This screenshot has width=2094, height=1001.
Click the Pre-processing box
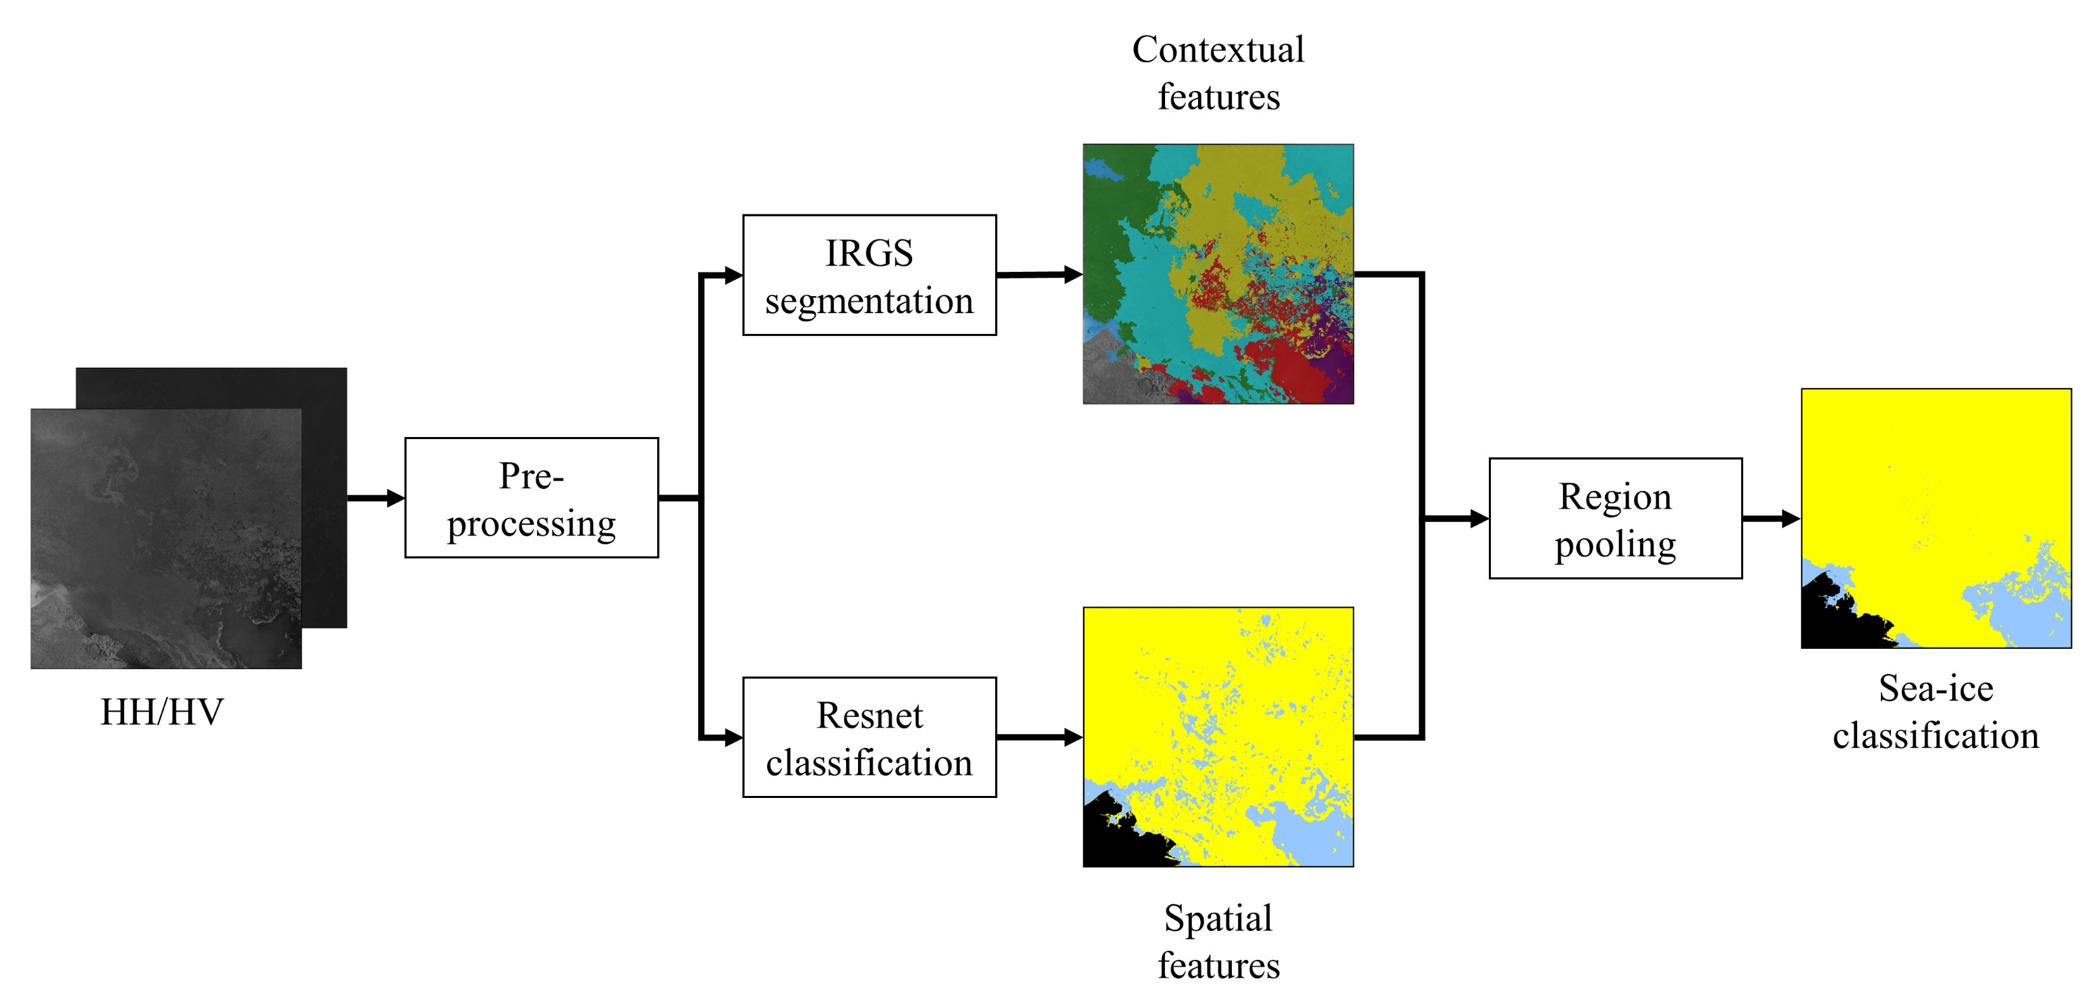coord(531,498)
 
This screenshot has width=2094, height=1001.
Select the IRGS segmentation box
coord(869,275)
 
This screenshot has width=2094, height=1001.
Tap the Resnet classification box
coord(869,738)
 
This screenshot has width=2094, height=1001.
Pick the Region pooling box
coord(1614,518)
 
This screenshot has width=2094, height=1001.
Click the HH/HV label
coord(162,712)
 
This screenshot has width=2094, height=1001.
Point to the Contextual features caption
coord(1218,72)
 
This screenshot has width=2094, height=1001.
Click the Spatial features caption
coord(1218,941)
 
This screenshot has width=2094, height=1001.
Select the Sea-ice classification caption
coord(1935,712)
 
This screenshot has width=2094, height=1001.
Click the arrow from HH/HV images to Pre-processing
coord(376,498)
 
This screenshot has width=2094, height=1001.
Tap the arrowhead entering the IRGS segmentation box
coord(733,275)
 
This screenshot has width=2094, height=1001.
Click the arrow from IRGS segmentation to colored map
coord(1039,275)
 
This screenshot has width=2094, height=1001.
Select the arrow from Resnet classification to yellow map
coord(1039,738)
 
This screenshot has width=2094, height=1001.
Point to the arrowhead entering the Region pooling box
coord(1479,518)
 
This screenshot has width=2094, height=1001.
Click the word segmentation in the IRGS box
coord(869,301)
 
